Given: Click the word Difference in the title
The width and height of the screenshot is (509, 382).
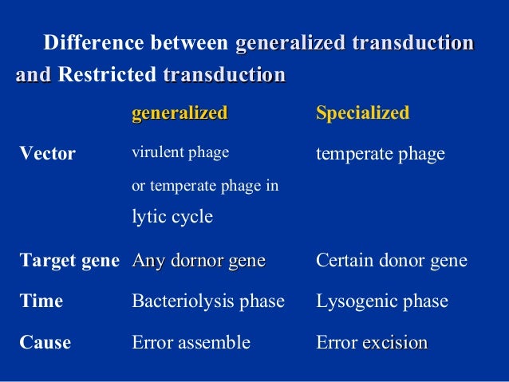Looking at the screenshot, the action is click(93, 43).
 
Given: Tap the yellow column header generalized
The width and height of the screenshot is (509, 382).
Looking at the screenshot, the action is click(180, 112).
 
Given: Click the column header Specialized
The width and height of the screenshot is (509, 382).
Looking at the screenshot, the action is click(363, 112).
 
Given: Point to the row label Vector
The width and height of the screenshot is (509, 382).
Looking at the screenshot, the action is click(47, 154).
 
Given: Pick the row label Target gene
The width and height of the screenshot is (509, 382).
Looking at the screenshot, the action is click(69, 261).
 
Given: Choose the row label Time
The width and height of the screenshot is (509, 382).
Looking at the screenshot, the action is click(41, 302).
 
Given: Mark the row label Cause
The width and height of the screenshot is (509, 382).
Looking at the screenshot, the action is click(45, 343).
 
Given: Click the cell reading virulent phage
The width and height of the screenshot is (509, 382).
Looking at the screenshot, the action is click(180, 152).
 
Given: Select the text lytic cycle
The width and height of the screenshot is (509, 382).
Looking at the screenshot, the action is click(172, 216).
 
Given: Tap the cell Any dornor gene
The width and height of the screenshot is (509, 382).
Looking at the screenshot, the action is click(199, 261).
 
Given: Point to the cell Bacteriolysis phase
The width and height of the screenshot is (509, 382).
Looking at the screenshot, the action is click(207, 302).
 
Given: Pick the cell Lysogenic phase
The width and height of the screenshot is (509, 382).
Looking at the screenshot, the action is click(382, 302).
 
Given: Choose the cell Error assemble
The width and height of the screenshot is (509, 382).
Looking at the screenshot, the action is click(191, 343).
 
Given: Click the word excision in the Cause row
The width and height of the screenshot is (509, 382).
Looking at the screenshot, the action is click(395, 343).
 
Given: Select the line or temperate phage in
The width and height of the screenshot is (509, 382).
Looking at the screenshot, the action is click(204, 187).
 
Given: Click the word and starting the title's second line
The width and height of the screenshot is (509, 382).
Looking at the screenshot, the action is click(33, 75).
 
